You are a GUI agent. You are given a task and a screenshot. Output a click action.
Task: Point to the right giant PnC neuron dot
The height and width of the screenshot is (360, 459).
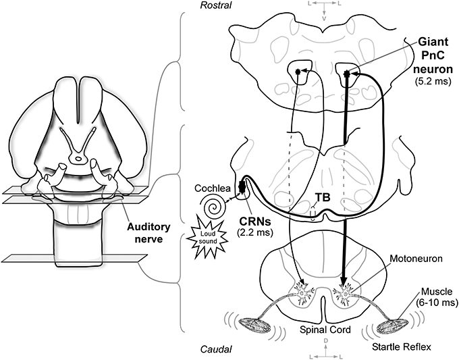pos(346,72)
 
